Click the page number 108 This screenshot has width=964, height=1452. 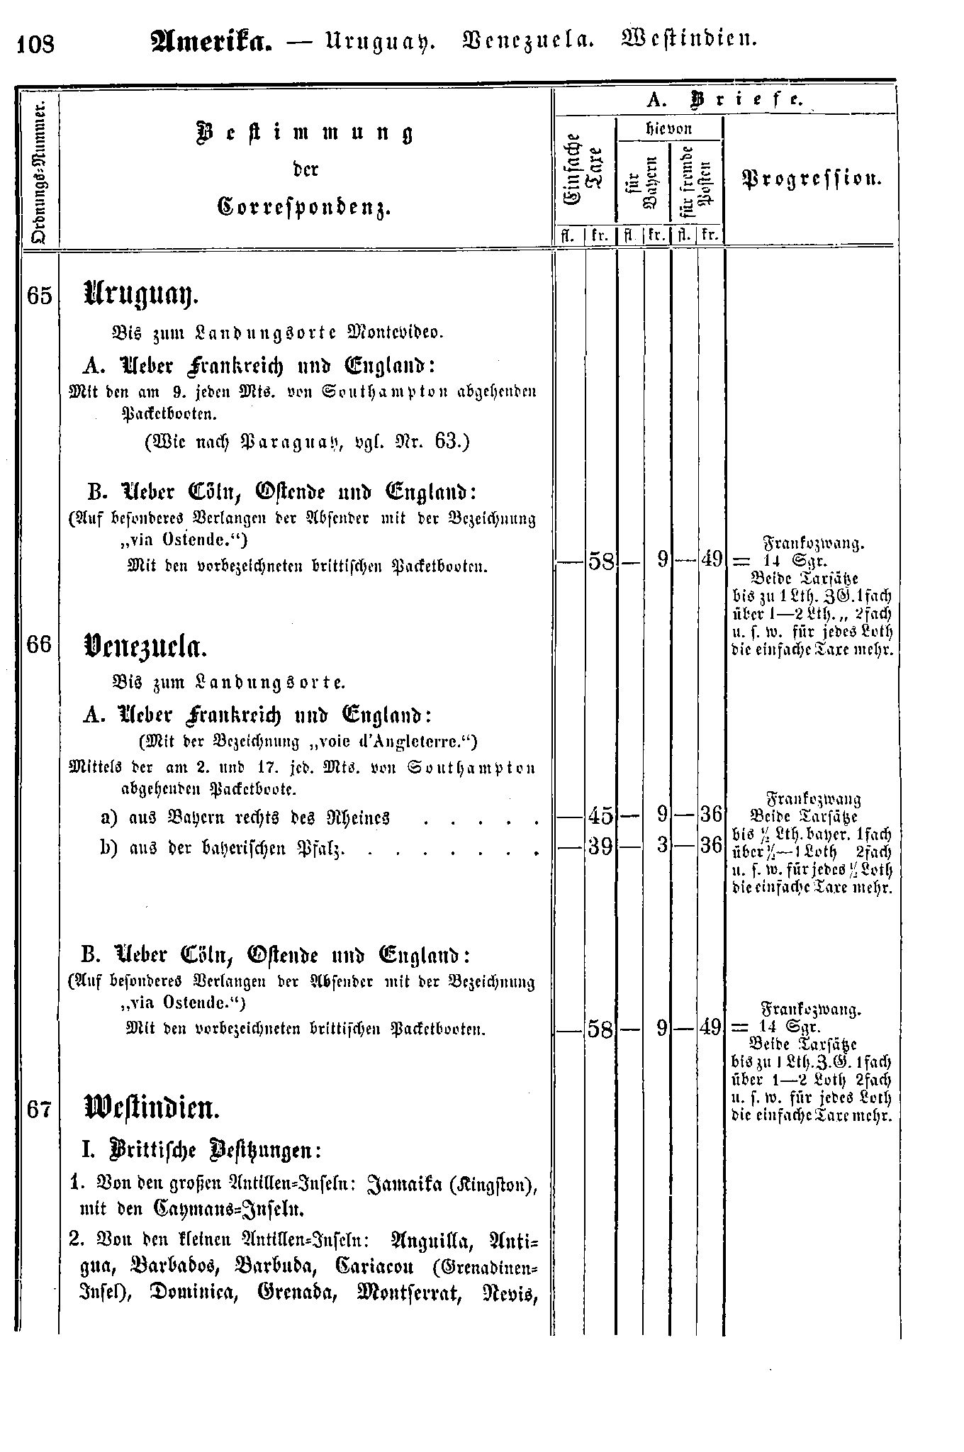35,45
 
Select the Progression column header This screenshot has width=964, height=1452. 812,179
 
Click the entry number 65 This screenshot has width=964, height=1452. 40,296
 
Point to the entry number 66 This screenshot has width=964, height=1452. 40,645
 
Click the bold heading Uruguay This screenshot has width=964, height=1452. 139,292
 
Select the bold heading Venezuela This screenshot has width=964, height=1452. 145,645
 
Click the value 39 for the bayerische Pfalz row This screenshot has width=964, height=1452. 600,846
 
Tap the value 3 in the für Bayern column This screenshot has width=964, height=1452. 663,846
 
